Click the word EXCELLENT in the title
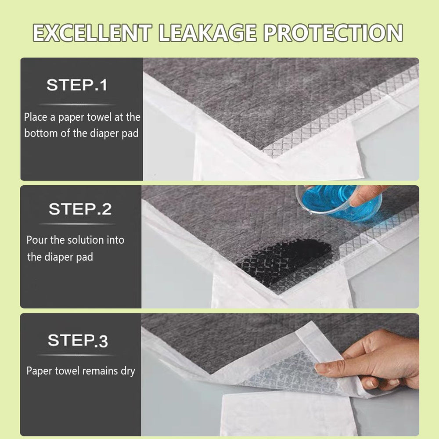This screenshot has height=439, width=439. click(x=92, y=33)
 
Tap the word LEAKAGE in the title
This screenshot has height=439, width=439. click(x=207, y=33)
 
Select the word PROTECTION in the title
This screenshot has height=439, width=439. click(x=333, y=33)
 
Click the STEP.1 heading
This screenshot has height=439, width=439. click(x=77, y=85)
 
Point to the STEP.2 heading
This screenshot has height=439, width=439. click(x=80, y=209)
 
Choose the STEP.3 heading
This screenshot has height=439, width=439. click(x=78, y=341)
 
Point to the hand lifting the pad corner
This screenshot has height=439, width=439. click(x=370, y=361)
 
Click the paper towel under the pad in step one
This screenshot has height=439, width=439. click(x=277, y=162)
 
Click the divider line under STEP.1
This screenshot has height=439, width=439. click(x=77, y=104)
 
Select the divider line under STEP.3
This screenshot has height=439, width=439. click(x=76, y=355)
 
